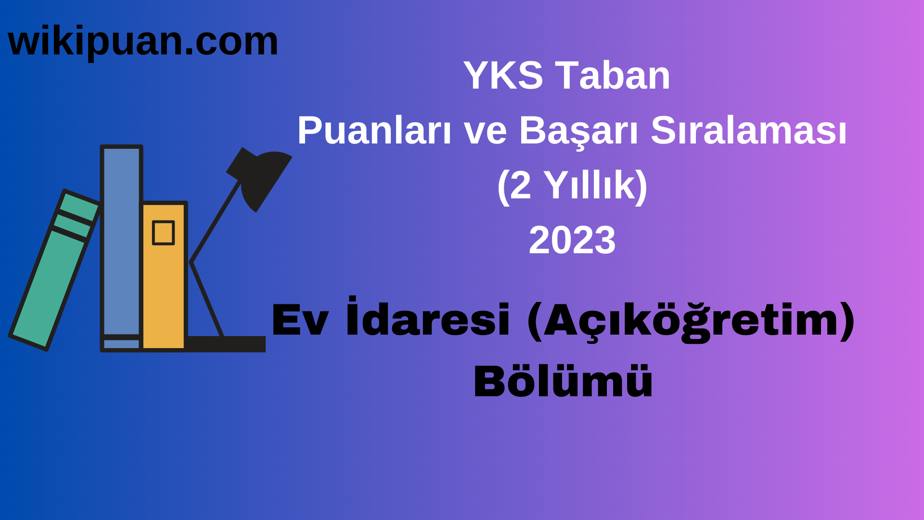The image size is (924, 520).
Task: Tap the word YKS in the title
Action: (503, 76)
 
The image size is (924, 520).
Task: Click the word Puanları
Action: (374, 131)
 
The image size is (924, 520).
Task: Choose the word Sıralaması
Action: (748, 131)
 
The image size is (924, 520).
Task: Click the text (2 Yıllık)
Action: (572, 186)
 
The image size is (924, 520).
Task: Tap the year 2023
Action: (572, 240)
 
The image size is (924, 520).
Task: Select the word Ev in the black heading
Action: (300, 320)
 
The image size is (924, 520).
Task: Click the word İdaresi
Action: (428, 319)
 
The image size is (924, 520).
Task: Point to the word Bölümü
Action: (563, 381)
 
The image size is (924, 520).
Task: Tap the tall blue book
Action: (121, 241)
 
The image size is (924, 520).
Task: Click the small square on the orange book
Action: (163, 233)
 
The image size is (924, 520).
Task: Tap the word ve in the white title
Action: (485, 131)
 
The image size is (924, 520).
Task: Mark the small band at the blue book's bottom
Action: (121, 344)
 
